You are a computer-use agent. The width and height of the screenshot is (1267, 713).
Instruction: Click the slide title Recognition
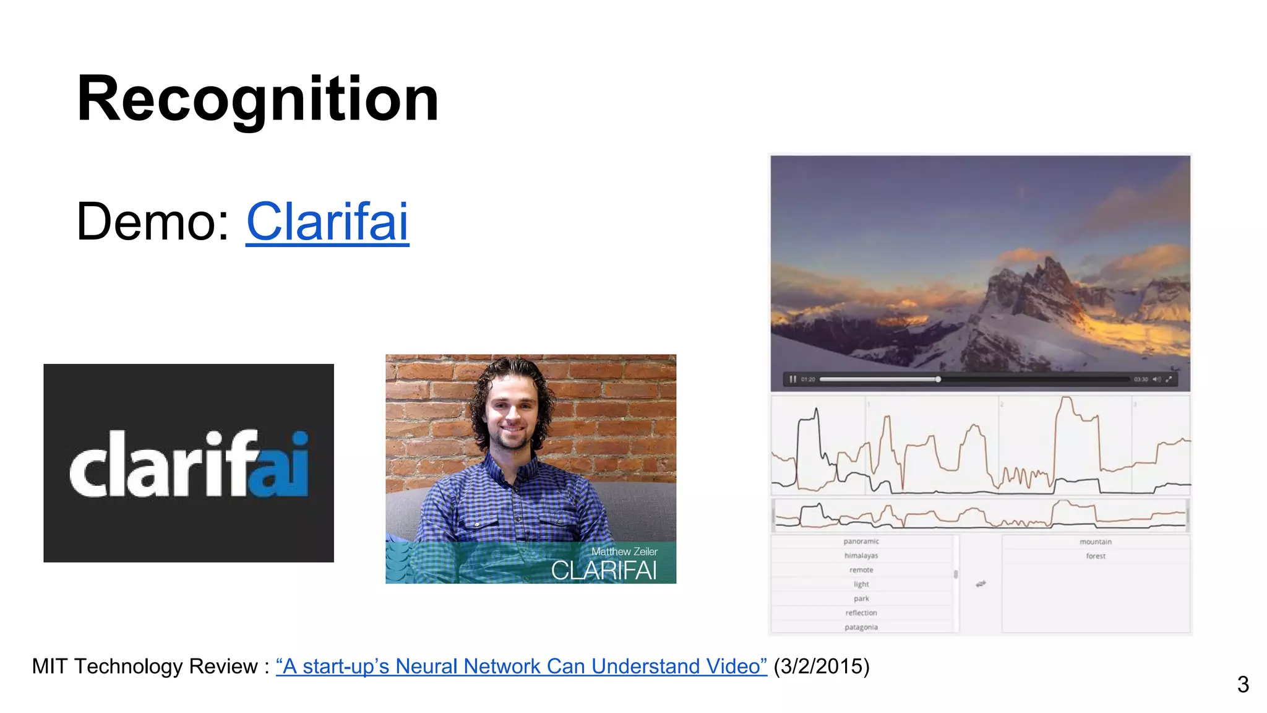tap(257, 99)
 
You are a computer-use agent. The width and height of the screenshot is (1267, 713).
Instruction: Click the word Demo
tap(152, 222)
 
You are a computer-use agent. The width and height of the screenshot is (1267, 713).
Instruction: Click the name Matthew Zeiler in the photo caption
tap(624, 551)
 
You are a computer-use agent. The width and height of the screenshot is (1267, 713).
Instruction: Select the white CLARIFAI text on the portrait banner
tap(603, 571)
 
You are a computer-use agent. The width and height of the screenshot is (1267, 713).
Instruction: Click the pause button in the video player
tap(792, 379)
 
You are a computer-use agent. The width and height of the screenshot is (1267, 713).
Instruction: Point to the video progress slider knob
tap(938, 379)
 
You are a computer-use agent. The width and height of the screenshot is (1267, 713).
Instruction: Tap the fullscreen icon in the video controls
tap(1169, 379)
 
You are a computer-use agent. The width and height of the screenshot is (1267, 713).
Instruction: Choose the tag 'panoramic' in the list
tap(861, 542)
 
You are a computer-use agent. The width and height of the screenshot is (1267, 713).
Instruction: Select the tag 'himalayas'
tap(861, 556)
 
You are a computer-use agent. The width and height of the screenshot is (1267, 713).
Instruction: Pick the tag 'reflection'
tap(861, 613)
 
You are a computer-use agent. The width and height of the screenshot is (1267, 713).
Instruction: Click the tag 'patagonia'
tap(861, 627)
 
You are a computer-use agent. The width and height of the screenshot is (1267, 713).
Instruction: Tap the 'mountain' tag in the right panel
tap(1096, 542)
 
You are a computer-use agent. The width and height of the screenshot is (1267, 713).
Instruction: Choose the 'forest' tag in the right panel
tap(1096, 556)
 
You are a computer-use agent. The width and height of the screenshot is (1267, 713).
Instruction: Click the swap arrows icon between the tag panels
tap(981, 584)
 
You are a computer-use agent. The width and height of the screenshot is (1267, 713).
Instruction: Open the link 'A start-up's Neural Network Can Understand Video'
tap(521, 667)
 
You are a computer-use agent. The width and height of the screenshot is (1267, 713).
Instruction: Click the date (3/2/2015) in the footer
tap(822, 667)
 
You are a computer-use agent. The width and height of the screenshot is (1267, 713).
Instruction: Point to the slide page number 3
tap(1243, 685)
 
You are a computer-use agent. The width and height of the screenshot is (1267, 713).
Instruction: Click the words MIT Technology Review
tap(145, 667)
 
